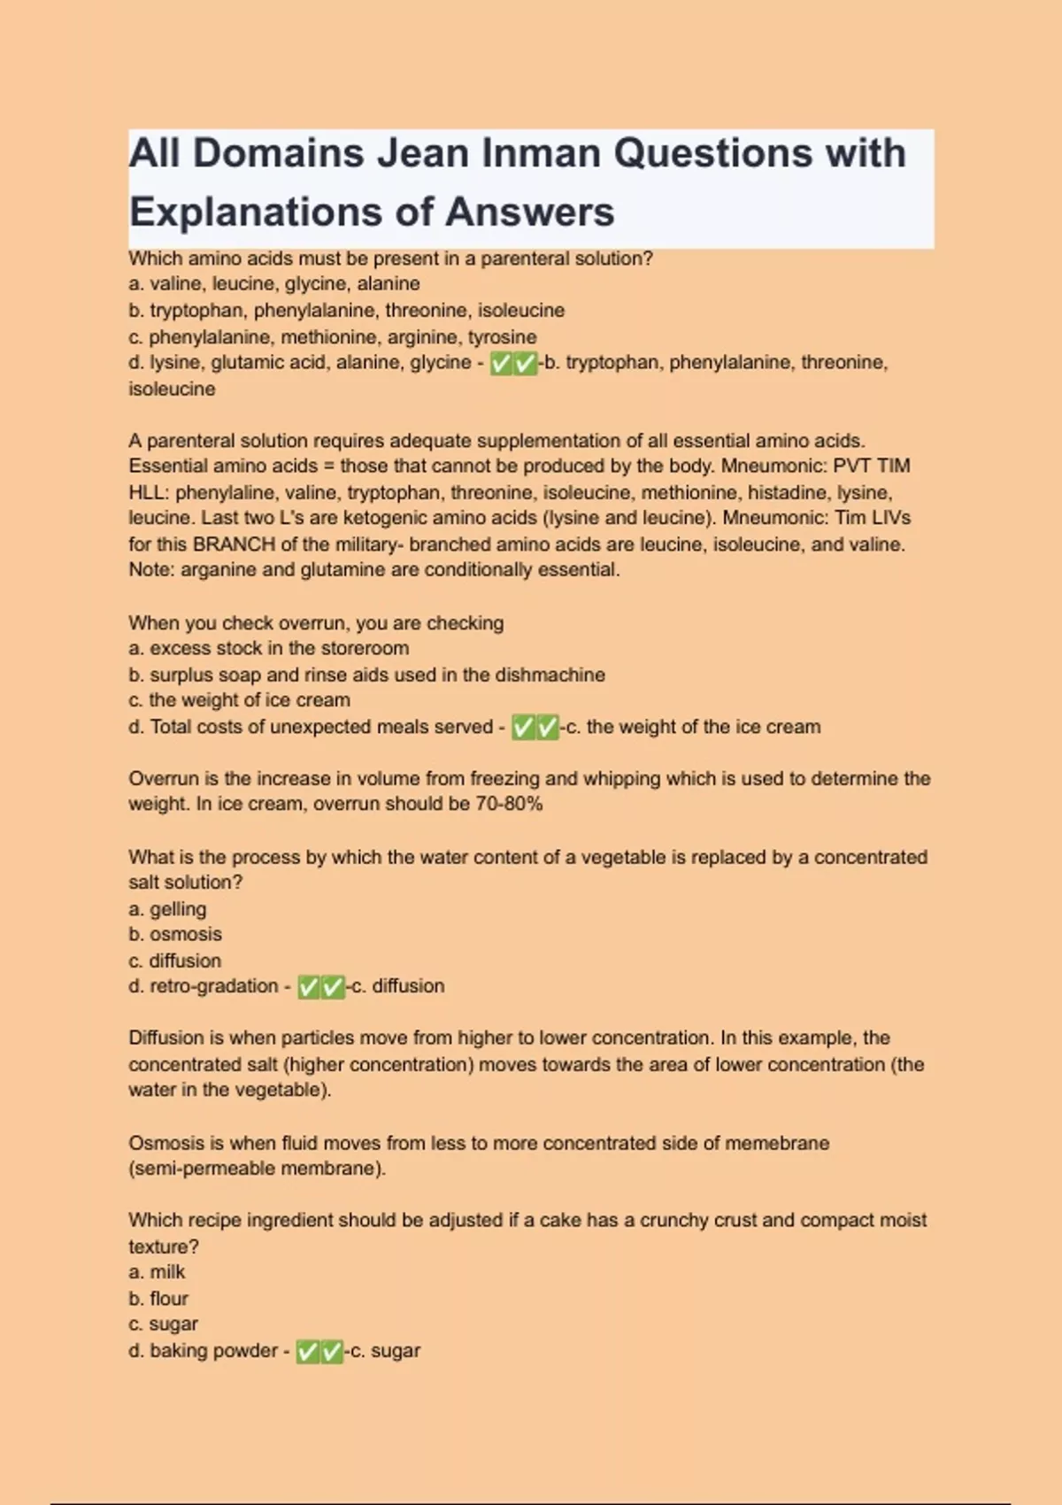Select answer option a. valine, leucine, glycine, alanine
274,284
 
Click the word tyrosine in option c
502,337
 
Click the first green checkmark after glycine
502,364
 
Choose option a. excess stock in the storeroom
268,648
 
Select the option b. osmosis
175,934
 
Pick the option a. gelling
167,909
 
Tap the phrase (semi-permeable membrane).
258,1169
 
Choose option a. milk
157,1272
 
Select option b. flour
158,1299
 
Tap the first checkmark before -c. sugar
307,1352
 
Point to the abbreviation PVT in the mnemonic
851,467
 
